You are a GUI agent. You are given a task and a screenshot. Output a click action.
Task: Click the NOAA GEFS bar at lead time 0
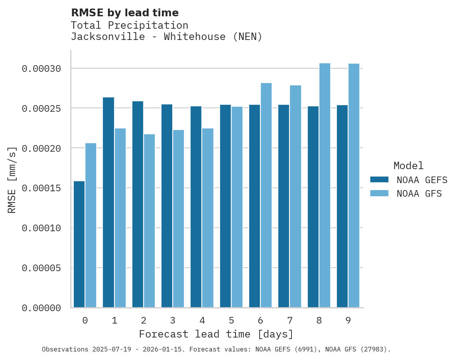(x=79, y=244)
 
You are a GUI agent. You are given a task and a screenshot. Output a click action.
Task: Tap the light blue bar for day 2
(x=149, y=221)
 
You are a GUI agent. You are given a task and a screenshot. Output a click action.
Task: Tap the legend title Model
(x=408, y=166)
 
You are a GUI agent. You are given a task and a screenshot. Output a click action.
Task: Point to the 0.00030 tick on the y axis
(x=42, y=69)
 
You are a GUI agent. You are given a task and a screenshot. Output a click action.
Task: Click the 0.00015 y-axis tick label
(x=42, y=188)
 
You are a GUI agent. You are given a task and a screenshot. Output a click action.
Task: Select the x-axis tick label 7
(x=290, y=320)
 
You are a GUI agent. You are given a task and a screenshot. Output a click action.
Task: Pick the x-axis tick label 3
(x=173, y=320)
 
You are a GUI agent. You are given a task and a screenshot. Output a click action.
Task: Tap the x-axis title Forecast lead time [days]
(x=216, y=334)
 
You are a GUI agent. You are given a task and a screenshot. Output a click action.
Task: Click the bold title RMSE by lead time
(x=125, y=13)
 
